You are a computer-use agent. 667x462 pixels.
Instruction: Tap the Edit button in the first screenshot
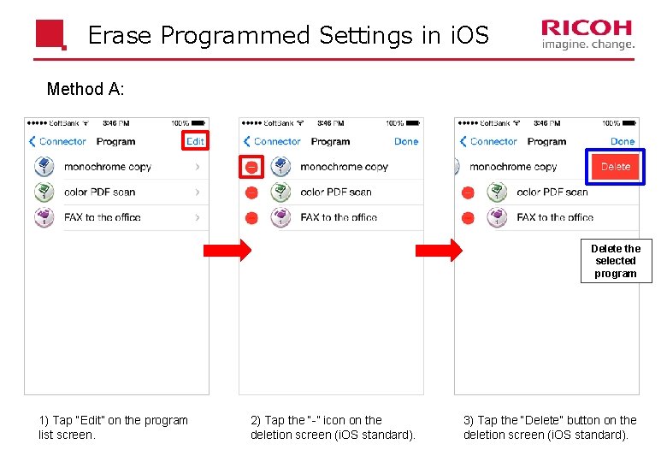click(x=195, y=141)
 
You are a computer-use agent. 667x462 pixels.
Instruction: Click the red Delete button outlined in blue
click(x=615, y=167)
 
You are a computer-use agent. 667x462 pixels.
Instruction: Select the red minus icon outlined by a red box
click(x=251, y=167)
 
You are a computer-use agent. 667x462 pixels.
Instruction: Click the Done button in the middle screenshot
click(x=406, y=141)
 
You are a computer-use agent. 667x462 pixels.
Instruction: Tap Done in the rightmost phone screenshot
click(x=623, y=141)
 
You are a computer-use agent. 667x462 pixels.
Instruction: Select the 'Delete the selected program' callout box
click(x=616, y=261)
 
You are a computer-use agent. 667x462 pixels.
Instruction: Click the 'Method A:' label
click(x=86, y=89)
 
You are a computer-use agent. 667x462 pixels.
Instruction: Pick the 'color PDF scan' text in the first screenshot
click(x=99, y=192)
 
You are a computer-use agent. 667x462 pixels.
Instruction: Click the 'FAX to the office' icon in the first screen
click(x=44, y=217)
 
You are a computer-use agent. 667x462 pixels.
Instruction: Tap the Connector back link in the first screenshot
click(x=57, y=141)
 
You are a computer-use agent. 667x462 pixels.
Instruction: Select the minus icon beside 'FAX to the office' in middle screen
click(x=251, y=217)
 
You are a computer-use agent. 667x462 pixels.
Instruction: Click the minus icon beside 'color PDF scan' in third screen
click(x=468, y=192)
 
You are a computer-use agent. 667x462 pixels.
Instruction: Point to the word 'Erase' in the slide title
click(x=121, y=36)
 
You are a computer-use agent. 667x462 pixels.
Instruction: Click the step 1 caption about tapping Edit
click(x=113, y=427)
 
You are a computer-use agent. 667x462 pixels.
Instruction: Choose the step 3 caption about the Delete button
click(x=550, y=427)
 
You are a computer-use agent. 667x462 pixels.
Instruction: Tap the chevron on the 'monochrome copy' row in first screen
click(x=198, y=167)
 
